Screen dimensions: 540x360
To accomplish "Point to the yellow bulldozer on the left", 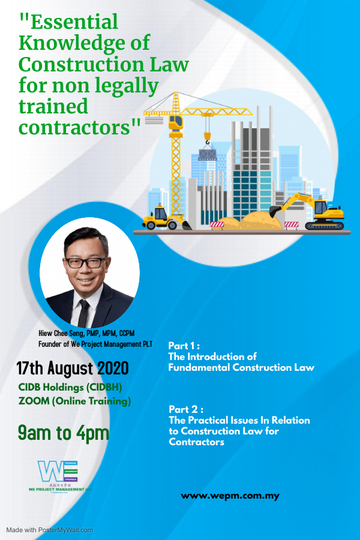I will (161, 217).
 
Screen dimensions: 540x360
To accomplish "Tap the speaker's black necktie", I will (83, 312).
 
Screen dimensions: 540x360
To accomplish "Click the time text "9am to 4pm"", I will (63, 431).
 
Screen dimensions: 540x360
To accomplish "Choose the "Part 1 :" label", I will (184, 346).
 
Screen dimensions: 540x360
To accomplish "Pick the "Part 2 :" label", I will (185, 410).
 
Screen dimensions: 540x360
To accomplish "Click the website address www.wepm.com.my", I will (230, 496).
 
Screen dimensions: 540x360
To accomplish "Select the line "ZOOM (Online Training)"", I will (74, 401).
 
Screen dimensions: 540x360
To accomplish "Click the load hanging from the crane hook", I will (207, 154).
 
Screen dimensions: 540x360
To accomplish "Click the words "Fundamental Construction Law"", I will (241, 367).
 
